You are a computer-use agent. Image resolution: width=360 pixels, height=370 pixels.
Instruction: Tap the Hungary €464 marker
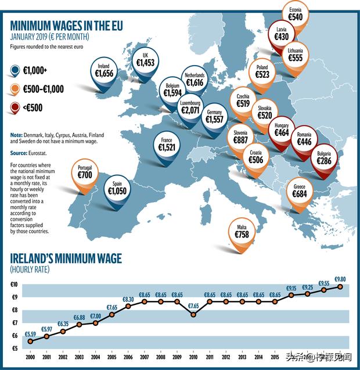pos(281,131)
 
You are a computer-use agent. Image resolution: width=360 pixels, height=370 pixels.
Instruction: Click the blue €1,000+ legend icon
pos(16,71)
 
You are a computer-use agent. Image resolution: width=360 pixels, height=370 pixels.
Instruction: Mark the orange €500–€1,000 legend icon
pos(16,89)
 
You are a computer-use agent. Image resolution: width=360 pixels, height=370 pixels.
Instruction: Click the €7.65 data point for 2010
pos(193,314)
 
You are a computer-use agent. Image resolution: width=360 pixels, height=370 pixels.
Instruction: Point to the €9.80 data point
pos(341,286)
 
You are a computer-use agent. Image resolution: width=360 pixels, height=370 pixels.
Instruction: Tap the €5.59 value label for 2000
pos(30,334)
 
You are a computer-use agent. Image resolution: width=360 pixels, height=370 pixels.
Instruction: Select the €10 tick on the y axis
pos(13,285)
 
